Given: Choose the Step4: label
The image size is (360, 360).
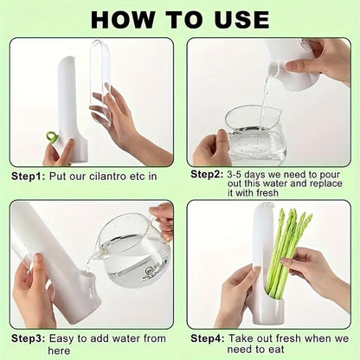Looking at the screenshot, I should point(209,338).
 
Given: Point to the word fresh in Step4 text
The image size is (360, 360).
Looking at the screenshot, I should point(286,338).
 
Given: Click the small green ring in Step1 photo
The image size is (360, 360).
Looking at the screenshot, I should point(53,138).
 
